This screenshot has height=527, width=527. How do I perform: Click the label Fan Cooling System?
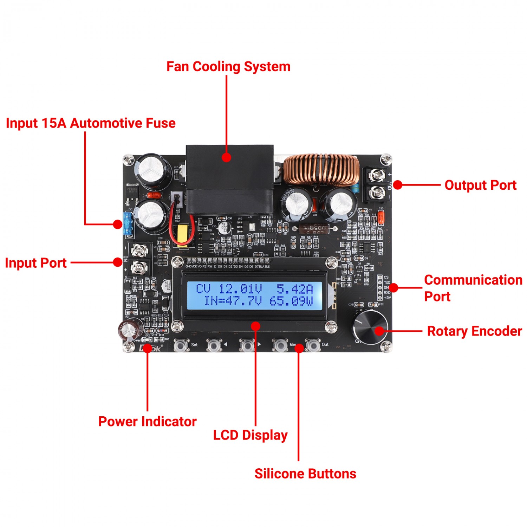tap(228, 67)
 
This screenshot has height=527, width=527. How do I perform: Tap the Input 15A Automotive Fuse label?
tap(91, 123)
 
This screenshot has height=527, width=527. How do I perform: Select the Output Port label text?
tap(480, 185)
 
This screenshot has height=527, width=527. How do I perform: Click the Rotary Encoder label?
tap(474, 331)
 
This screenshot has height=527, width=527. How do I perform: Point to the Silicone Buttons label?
tap(305, 474)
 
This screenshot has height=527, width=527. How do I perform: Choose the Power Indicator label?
tap(147, 422)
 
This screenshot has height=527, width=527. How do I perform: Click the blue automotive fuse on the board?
tap(127, 223)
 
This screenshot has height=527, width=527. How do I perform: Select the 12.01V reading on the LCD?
tap(240, 289)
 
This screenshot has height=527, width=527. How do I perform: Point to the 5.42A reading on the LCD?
tap(294, 289)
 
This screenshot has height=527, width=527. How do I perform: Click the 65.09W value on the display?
tap(291, 301)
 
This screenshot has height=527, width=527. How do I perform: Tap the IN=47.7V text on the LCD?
tap(233, 301)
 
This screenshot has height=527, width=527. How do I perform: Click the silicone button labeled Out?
tap(312, 345)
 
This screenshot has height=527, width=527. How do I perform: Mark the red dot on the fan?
tap(227, 157)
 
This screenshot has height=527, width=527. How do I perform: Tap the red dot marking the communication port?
tap(393, 288)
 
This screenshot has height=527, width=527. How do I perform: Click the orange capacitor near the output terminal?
tap(381, 220)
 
